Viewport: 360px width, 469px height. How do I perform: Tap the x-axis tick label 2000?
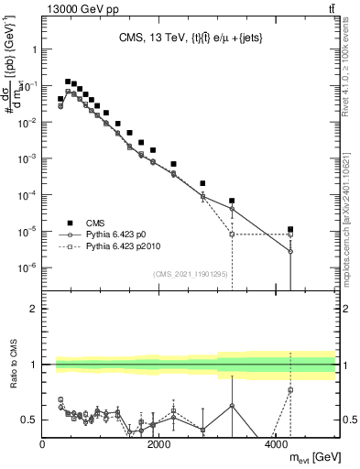tap(159, 444)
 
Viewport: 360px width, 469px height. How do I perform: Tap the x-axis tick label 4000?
tap(277, 444)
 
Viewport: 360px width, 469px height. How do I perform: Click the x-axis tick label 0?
tap(43, 444)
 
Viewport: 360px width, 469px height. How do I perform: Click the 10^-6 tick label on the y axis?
tap(25, 267)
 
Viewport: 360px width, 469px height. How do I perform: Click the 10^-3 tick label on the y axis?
tap(25, 158)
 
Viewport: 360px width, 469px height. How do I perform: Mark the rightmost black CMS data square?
tap(290, 230)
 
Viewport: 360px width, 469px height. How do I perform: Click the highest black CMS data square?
tap(68, 82)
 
